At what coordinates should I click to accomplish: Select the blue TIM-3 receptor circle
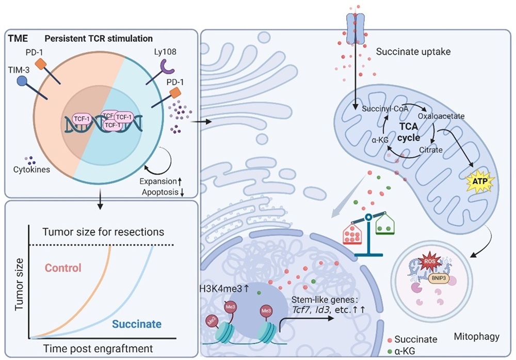pos(22,82)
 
